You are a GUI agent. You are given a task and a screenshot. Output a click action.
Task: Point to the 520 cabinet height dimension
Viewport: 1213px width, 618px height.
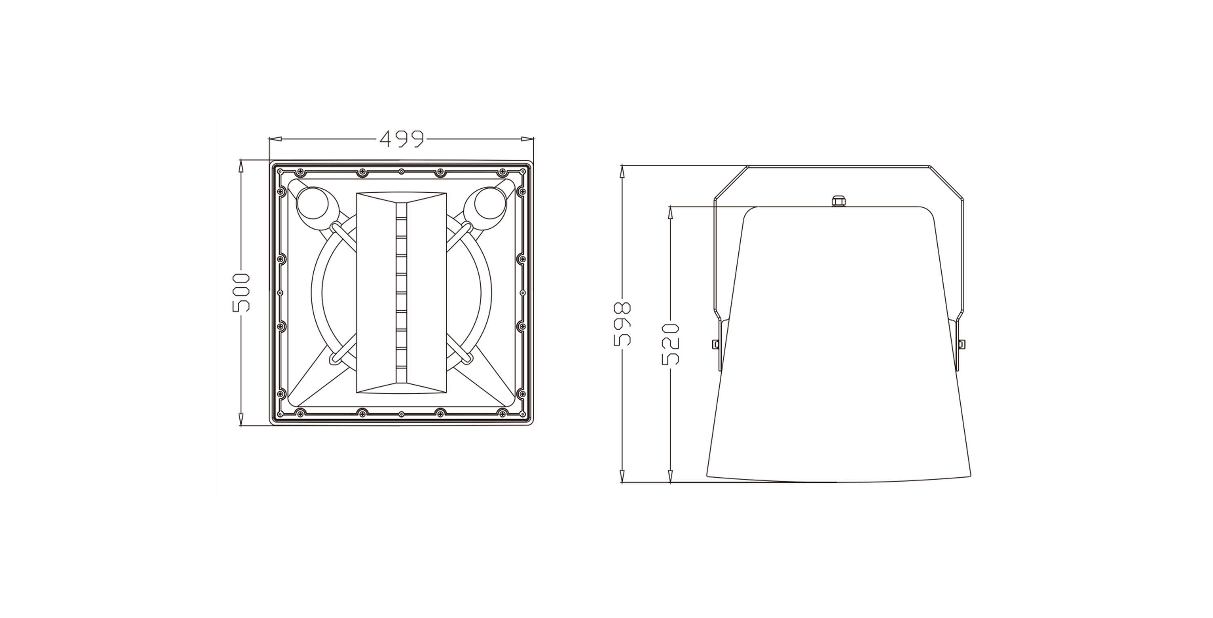pyautogui.click(x=670, y=344)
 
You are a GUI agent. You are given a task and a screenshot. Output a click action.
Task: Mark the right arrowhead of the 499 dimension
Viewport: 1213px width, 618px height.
pyautogui.click(x=528, y=138)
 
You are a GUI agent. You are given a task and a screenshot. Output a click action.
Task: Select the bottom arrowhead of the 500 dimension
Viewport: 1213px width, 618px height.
pyautogui.click(x=241, y=420)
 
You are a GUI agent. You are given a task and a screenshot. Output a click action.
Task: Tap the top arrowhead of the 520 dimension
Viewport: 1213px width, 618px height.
pyautogui.click(x=670, y=212)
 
